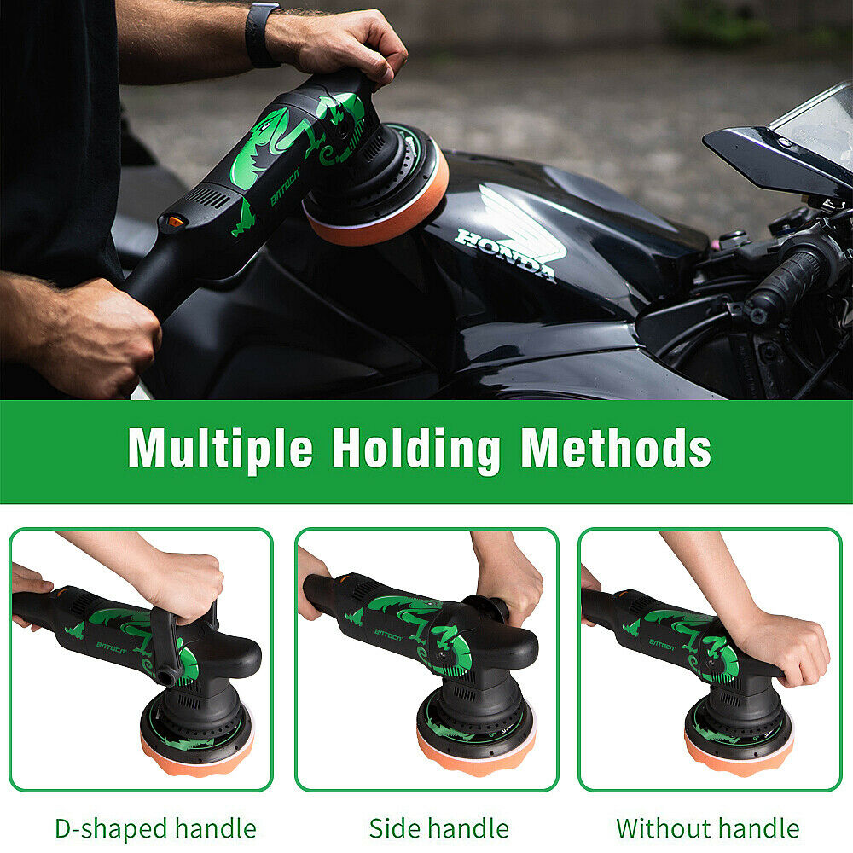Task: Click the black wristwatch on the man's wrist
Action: [262, 35]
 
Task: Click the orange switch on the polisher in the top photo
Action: [175, 222]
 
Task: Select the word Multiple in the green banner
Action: [220, 449]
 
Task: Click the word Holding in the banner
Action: [416, 450]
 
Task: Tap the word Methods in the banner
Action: [616, 448]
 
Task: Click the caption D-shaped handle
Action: [155, 829]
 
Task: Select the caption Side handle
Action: [439, 828]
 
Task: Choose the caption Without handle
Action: [708, 828]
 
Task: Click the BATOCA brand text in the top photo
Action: [285, 187]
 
